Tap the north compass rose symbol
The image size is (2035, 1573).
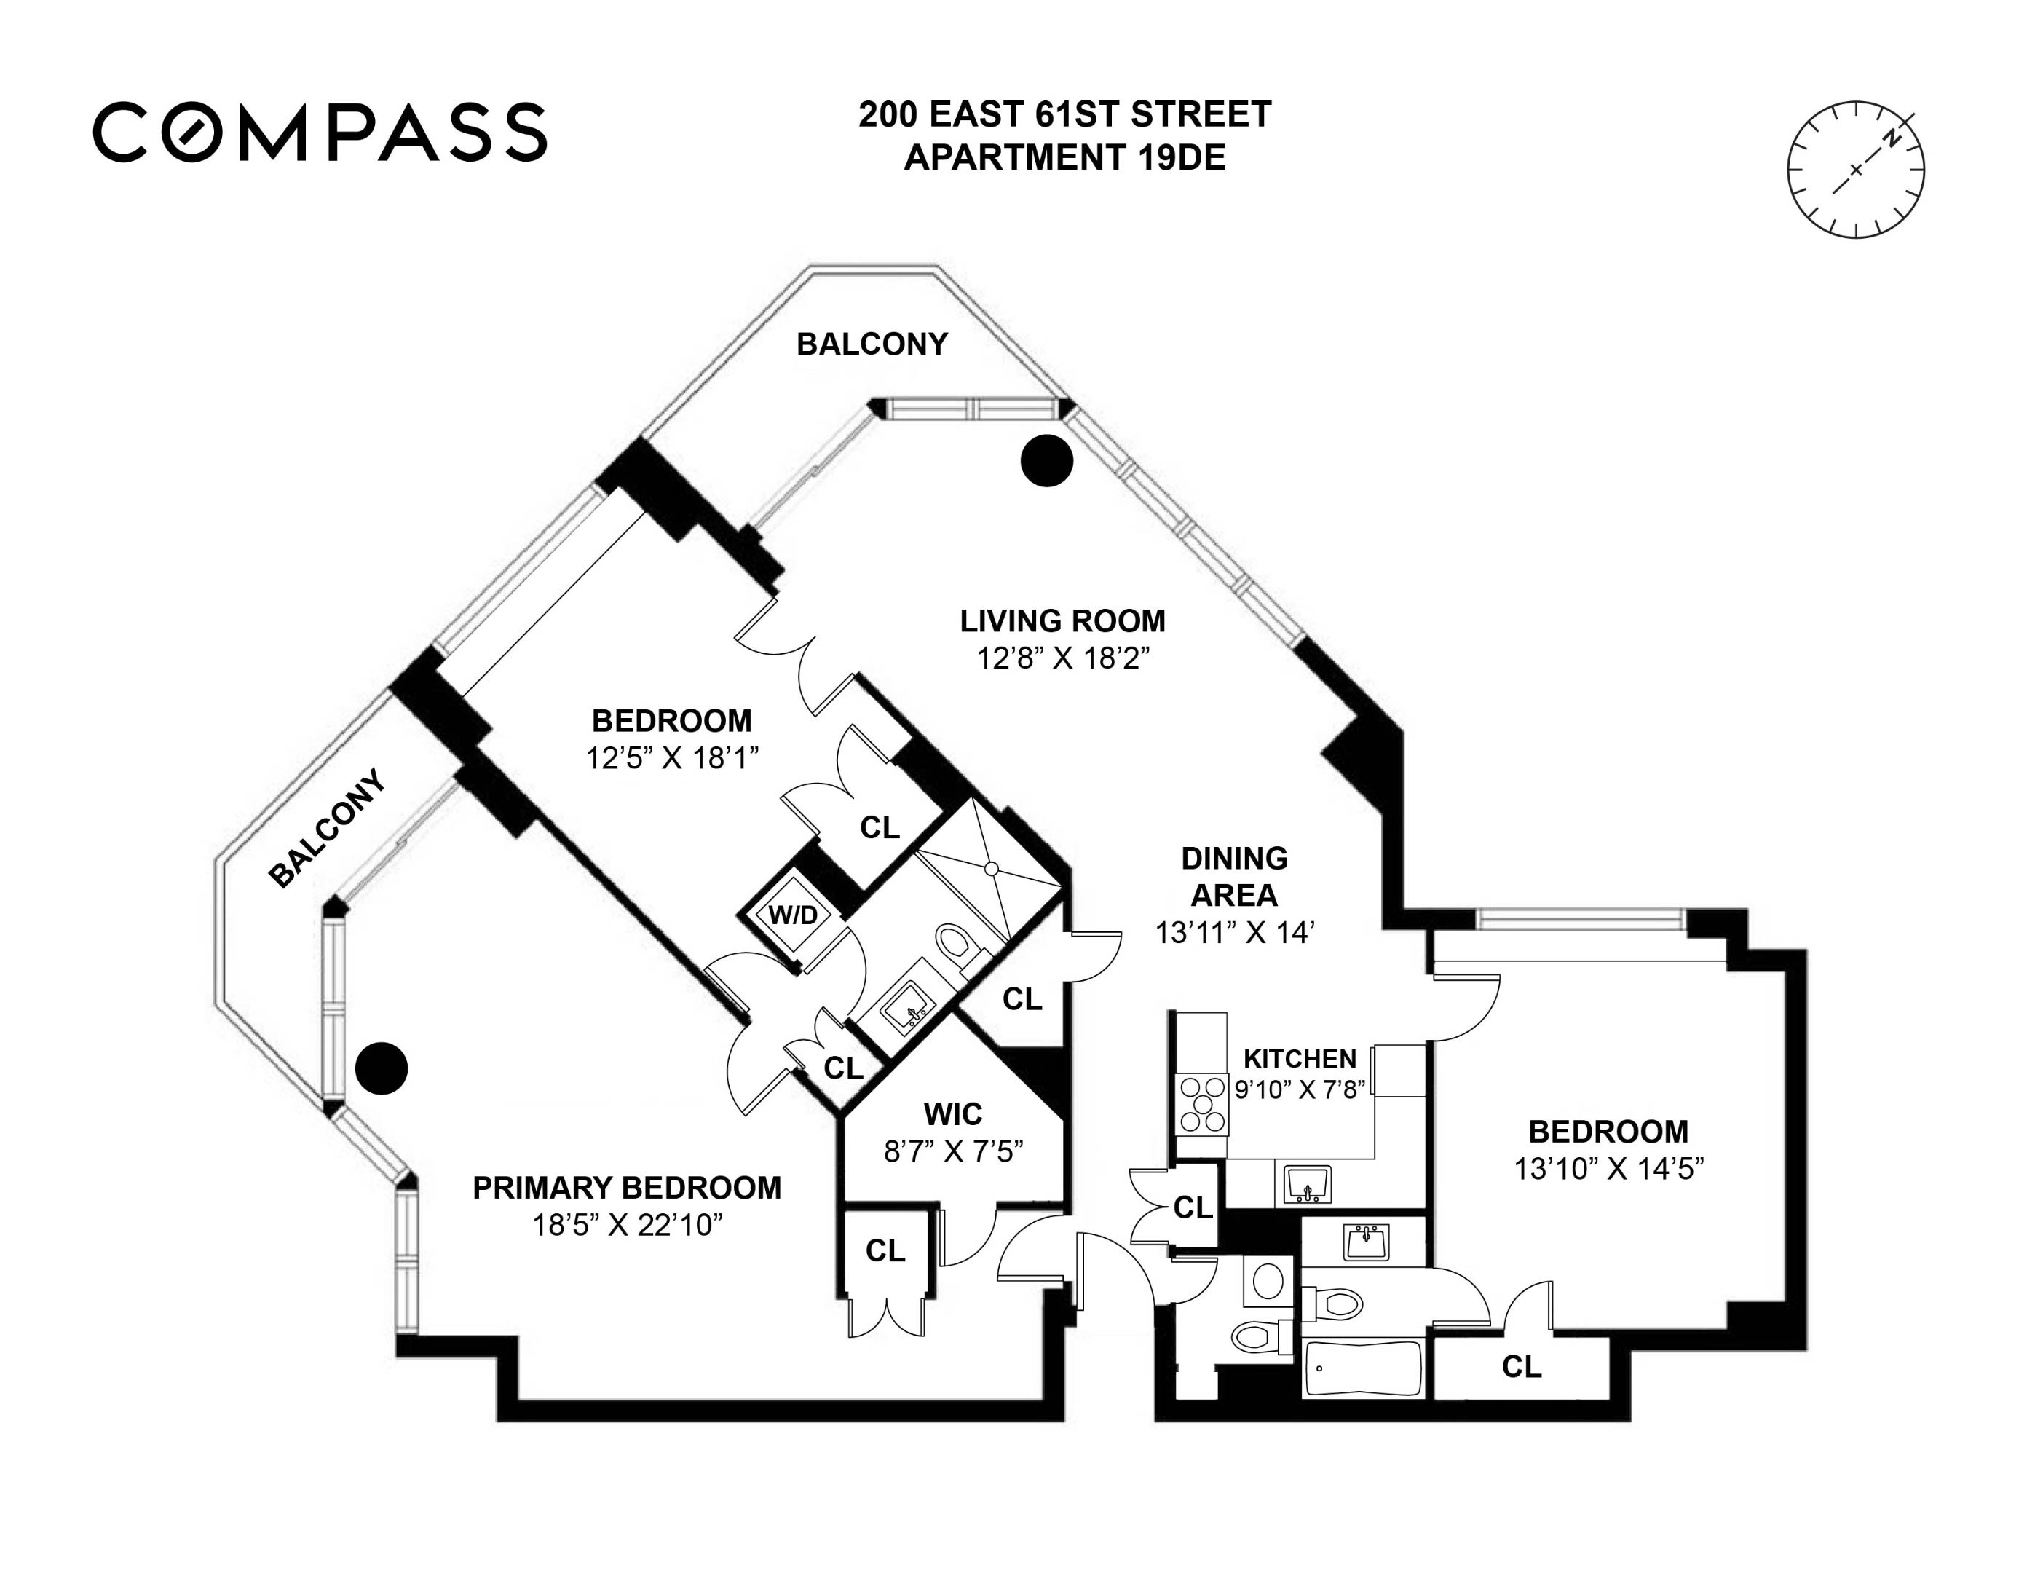coord(1855,170)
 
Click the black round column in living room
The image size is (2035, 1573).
coord(1046,460)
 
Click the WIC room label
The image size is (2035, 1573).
coord(952,1113)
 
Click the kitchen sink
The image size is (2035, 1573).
coord(1308,1184)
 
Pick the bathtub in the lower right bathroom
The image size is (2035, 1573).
coord(1362,1367)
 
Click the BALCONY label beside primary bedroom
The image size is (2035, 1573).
coord(326,827)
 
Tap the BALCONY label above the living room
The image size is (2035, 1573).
coord(872,344)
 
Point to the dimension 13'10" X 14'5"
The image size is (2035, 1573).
coord(1608,1167)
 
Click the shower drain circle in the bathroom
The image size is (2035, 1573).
coord(992,869)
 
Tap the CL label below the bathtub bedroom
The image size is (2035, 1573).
coord(1521,1367)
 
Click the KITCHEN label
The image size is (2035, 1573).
coord(1299,1059)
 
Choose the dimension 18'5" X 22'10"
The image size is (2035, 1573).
coord(626,1224)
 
